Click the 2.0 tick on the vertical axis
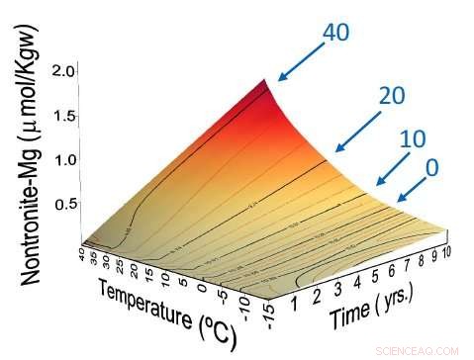64,71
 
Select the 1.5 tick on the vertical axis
64,116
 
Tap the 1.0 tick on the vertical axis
64,159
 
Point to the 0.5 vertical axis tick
64,204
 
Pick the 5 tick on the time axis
367,281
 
